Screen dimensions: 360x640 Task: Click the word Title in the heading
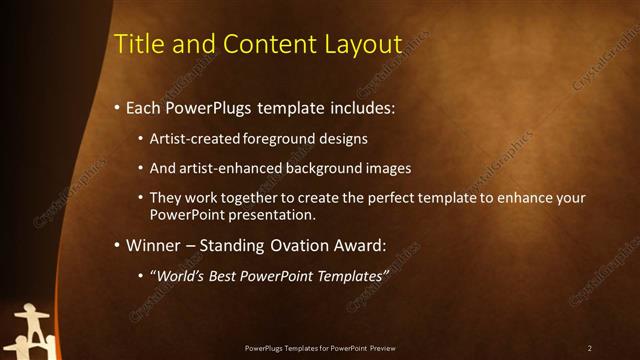(135, 44)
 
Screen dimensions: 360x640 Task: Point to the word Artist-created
(194, 138)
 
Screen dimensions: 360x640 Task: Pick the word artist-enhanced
(230, 168)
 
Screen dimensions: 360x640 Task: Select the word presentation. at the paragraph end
(270, 214)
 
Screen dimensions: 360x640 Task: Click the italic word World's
(179, 275)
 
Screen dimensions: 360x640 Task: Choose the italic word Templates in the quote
(351, 275)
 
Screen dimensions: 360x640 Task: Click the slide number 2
(589, 348)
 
